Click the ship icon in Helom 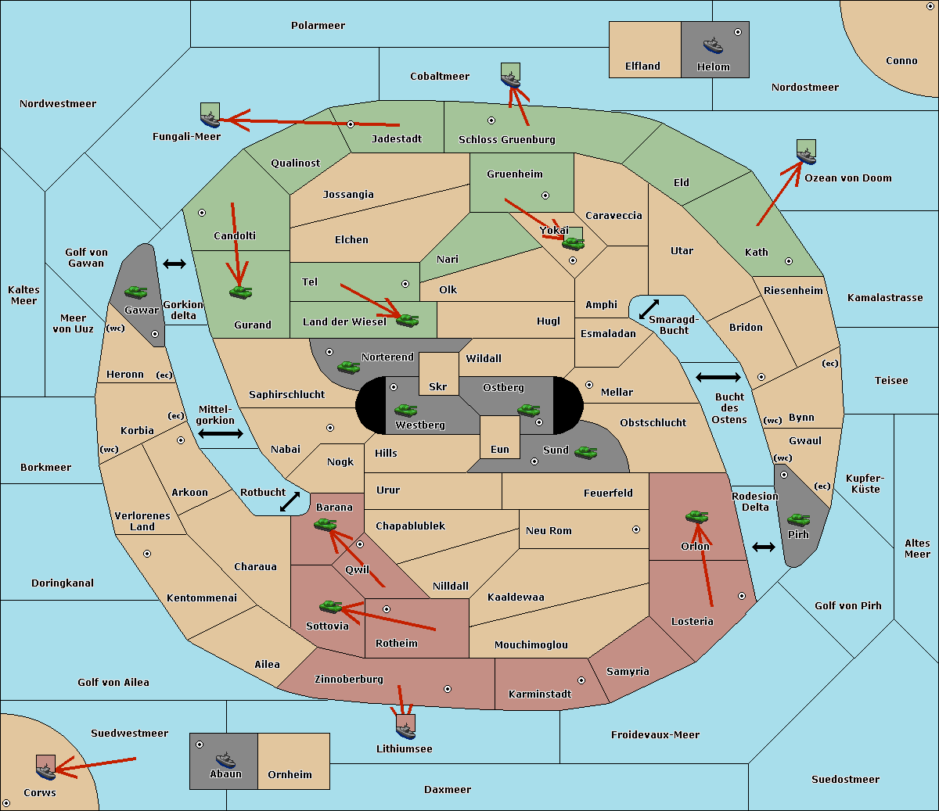tap(713, 45)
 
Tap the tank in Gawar tap(136, 292)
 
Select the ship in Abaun tap(225, 759)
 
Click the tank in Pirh tap(798, 519)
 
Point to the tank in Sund tap(585, 453)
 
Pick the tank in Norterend tap(348, 368)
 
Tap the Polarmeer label tap(318, 26)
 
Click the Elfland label tap(642, 66)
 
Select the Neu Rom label tap(549, 530)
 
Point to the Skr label tap(438, 386)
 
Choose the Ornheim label tap(290, 774)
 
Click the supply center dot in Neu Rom tap(636, 529)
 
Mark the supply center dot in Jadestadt tap(351, 124)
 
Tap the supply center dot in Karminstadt tap(581, 680)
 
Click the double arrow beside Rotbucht tap(290, 502)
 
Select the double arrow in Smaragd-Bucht tap(649, 309)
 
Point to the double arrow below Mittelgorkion tap(221, 433)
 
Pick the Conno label tap(901, 61)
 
